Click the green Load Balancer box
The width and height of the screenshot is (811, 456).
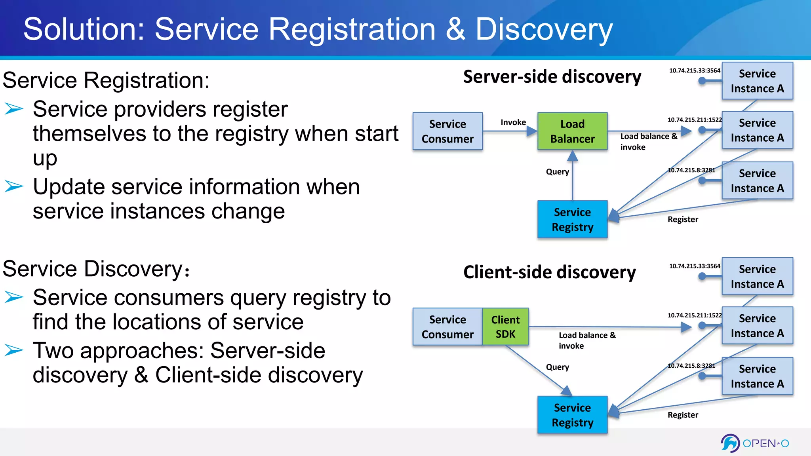point(572,131)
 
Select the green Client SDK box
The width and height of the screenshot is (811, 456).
point(505,327)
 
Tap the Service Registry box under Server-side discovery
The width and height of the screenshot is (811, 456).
point(572,219)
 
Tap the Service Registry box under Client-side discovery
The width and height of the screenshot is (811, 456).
point(572,415)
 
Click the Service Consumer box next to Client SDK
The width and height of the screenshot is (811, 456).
point(447,327)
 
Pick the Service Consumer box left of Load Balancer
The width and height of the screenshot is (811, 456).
point(447,131)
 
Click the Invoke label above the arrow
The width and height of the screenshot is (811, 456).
point(513,122)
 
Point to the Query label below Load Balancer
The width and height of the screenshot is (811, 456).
point(557,172)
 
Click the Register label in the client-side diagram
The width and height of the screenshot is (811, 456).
point(683,415)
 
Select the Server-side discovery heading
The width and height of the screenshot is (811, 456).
point(552,77)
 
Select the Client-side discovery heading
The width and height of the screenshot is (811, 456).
point(550,272)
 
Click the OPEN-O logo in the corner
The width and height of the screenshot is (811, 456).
point(755,443)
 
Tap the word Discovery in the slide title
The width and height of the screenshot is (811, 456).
point(544,29)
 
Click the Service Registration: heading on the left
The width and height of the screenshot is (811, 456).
point(106,80)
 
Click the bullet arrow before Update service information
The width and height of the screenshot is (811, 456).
point(14,186)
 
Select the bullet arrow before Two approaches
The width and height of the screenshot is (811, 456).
point(14,350)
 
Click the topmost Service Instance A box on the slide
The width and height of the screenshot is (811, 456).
point(757,81)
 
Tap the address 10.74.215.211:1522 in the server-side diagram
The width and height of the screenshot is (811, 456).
point(694,120)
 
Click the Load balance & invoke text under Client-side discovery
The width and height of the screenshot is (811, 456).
point(587,340)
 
